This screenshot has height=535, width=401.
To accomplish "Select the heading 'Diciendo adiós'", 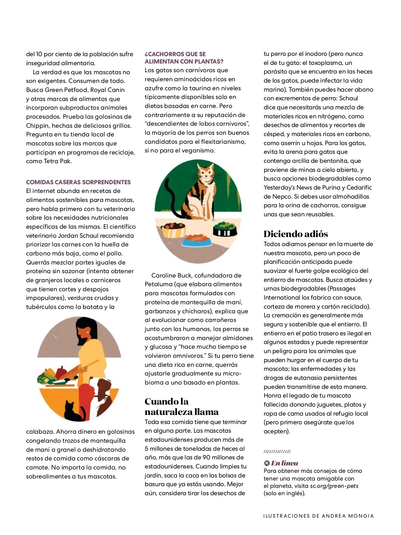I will point(296,234).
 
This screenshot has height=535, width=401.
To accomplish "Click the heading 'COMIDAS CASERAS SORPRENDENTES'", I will point(78,182).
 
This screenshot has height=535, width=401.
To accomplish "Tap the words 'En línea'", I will point(284,463).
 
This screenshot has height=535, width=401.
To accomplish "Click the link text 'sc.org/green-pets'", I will point(334,486).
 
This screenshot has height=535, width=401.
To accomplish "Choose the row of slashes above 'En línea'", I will point(277,452).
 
